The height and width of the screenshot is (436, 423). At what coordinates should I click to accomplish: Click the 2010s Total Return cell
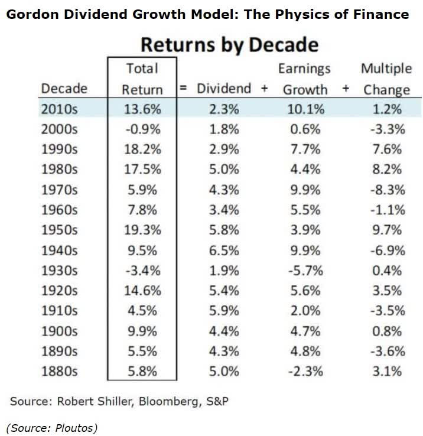[x=142, y=109]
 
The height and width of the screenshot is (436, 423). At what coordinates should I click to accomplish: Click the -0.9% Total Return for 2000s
[x=142, y=129]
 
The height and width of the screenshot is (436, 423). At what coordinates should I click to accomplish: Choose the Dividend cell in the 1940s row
[x=223, y=250]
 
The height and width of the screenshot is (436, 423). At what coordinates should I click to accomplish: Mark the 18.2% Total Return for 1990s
[x=142, y=149]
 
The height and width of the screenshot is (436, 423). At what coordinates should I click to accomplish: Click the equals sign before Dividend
[x=184, y=89]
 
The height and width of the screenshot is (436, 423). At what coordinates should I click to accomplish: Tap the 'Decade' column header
[x=64, y=89]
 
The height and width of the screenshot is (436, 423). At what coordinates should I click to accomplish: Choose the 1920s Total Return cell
[x=142, y=291]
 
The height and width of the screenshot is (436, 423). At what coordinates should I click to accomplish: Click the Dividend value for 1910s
[x=223, y=311]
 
